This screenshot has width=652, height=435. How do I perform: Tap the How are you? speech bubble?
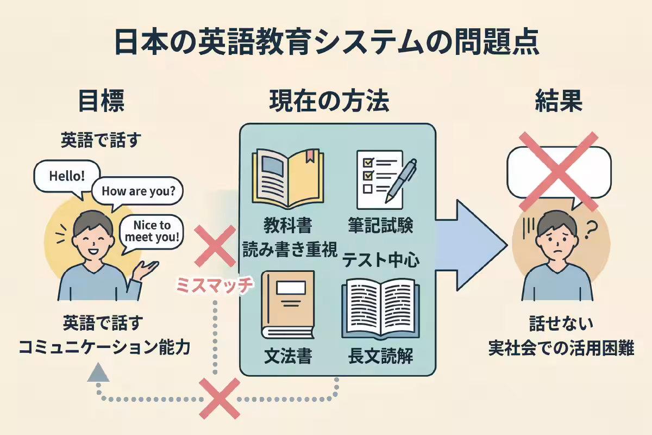[137, 191]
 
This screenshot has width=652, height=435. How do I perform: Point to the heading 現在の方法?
[329, 101]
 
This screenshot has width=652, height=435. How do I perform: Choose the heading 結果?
[559, 101]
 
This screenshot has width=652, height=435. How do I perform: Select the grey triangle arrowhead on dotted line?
[98, 372]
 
